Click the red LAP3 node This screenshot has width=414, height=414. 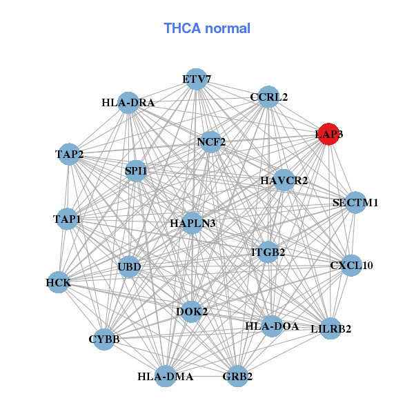(328, 134)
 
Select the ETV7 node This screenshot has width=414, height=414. (197, 79)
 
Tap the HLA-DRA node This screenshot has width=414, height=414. (128, 103)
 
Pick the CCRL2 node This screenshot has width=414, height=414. (268, 97)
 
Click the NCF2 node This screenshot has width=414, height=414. (211, 143)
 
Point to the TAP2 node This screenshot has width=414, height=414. (69, 154)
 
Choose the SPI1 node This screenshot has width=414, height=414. (136, 170)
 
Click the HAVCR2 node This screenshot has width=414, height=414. (284, 181)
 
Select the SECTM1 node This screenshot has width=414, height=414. (355, 203)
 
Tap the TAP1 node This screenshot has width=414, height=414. (67, 219)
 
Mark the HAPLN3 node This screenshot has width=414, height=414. (193, 224)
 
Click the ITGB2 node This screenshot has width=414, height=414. (268, 253)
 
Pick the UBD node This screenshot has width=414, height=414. (129, 267)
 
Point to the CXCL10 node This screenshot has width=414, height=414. (351, 265)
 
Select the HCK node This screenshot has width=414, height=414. (58, 282)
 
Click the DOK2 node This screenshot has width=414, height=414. (192, 312)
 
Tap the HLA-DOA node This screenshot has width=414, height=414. (272, 326)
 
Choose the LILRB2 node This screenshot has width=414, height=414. (331, 328)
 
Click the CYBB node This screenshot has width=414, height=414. (104, 339)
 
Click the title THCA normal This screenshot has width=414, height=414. (207, 28)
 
